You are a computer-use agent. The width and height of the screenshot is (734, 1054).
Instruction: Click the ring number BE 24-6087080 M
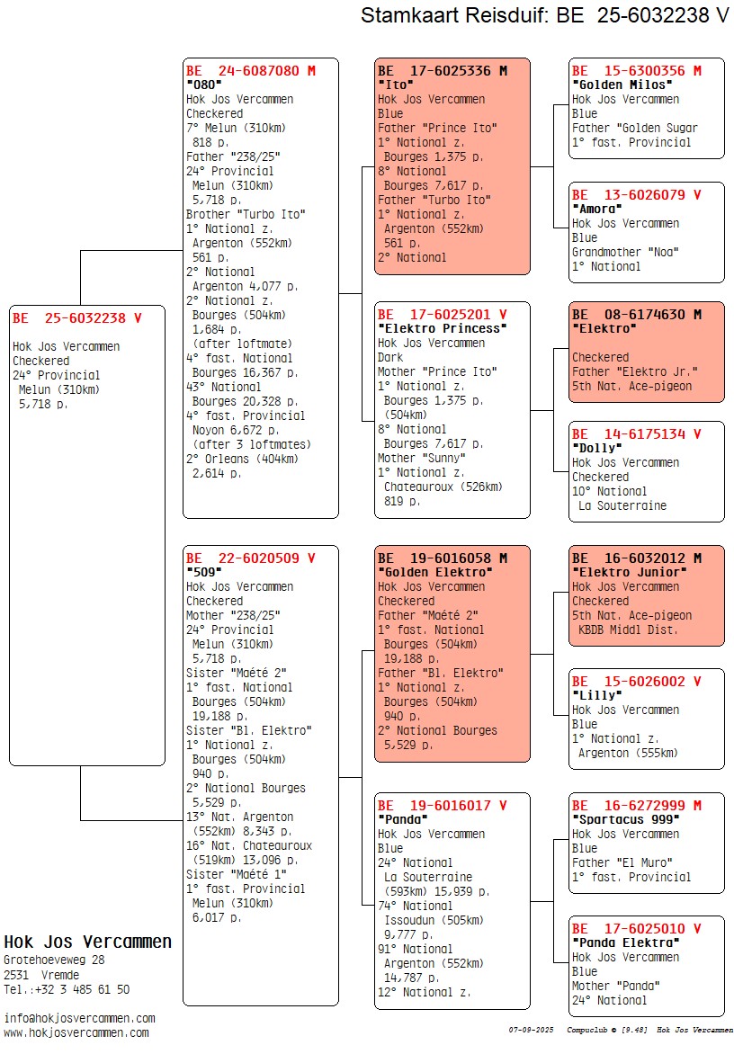[251, 70]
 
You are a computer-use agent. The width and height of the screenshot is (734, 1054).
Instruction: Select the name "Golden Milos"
[622, 85]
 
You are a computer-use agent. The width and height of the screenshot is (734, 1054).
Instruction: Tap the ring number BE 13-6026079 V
[636, 194]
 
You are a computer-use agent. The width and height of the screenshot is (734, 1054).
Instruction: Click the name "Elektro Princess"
[442, 328]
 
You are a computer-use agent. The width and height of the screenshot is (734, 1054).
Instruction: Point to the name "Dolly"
[596, 448]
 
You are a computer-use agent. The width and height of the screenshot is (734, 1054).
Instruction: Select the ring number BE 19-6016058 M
[442, 558]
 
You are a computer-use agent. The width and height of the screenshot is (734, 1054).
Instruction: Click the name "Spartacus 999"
[625, 819]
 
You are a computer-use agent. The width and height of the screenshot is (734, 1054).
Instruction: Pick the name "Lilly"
[596, 695]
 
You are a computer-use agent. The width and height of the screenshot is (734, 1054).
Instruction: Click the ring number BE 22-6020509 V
[251, 558]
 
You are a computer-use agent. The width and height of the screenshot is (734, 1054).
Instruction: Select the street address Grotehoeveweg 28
[54, 960]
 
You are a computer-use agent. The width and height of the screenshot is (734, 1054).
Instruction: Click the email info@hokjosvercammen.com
[79, 1018]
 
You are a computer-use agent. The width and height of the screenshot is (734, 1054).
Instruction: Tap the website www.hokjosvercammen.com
[76, 1032]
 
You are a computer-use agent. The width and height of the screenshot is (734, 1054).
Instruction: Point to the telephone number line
[67, 989]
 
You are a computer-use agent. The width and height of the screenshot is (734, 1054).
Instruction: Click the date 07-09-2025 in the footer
[530, 1029]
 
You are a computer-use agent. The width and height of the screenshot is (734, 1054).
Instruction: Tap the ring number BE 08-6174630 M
[636, 314]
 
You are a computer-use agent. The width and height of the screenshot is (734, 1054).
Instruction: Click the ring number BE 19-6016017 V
[442, 806]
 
